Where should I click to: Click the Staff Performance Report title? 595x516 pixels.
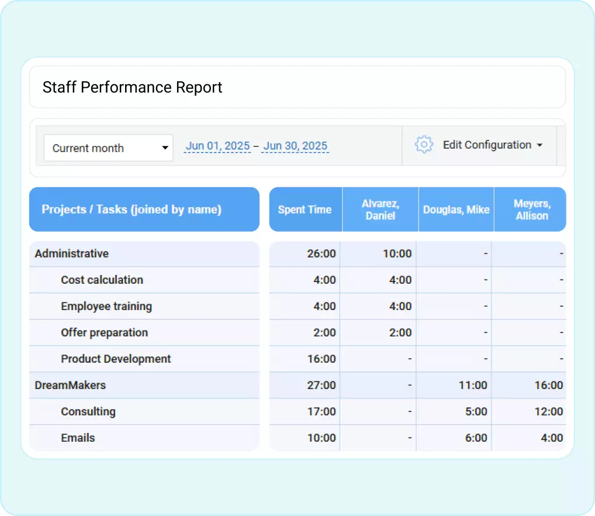click(133, 88)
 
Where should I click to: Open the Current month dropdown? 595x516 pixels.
click(108, 148)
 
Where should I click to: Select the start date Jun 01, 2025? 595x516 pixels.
click(217, 146)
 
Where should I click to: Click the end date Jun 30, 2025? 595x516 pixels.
click(295, 146)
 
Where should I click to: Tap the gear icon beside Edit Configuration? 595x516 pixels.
click(424, 145)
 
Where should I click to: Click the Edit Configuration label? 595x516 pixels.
click(487, 145)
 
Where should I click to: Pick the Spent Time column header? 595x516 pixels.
click(305, 209)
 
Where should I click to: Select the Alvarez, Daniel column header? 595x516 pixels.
click(380, 209)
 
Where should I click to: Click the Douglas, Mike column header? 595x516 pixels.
click(456, 209)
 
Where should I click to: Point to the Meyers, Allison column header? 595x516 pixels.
click(531, 209)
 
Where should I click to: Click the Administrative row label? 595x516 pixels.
click(72, 254)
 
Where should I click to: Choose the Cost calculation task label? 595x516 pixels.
click(102, 280)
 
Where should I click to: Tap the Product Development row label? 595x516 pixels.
click(116, 359)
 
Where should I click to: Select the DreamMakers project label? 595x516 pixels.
click(70, 386)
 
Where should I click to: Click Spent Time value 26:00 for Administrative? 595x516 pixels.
click(321, 254)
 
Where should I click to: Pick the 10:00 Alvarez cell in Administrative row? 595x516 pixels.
click(397, 254)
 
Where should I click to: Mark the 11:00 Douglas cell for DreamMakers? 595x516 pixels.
click(473, 386)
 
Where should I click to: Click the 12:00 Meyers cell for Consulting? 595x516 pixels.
click(549, 412)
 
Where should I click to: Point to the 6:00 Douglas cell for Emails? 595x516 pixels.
click(476, 438)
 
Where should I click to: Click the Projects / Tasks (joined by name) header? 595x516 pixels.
click(132, 209)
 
